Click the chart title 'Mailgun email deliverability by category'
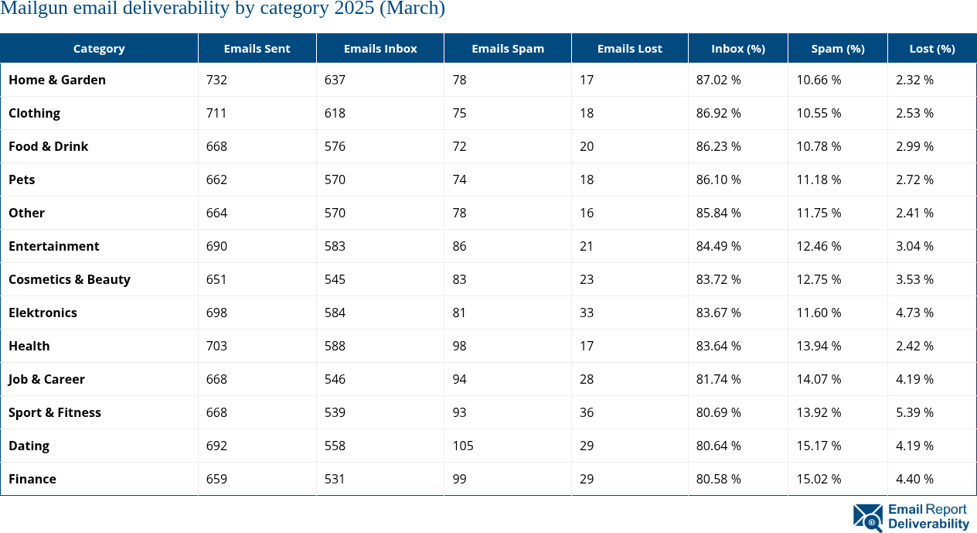(x=223, y=9)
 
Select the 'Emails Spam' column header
(x=507, y=48)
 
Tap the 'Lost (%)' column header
(x=931, y=48)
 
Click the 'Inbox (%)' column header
(x=737, y=48)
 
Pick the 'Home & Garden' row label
(x=57, y=80)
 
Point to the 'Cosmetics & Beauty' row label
(x=70, y=279)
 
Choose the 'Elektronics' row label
(x=43, y=313)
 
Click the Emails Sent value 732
(x=216, y=80)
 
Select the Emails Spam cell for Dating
(x=463, y=446)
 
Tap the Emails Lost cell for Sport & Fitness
(x=587, y=412)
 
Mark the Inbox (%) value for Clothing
(x=718, y=113)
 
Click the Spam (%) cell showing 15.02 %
(x=818, y=479)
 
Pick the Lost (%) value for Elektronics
(x=914, y=313)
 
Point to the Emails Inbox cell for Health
(x=335, y=346)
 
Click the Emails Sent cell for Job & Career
(x=216, y=379)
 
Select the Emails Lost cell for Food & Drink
(x=587, y=146)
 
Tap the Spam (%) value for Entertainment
(x=818, y=246)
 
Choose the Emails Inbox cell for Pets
(x=335, y=179)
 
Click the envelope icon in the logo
(x=867, y=518)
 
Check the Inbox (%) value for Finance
(x=718, y=479)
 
